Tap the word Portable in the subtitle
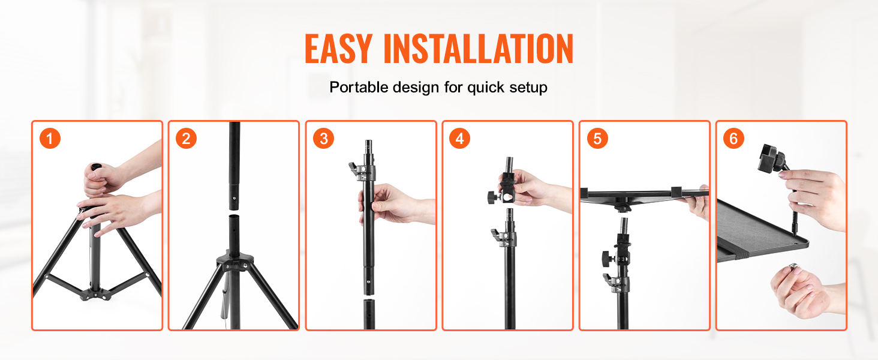point(359,88)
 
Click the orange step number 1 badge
point(51,139)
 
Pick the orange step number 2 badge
point(187,139)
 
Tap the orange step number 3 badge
point(324,139)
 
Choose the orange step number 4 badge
point(459,139)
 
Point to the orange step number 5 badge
point(597,139)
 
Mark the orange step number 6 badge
point(733,139)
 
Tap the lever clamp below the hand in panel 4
point(500,239)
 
